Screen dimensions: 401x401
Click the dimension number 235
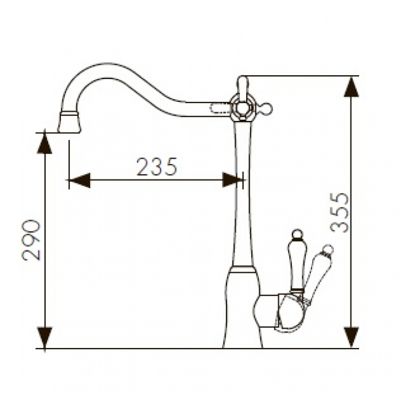tap(157, 167)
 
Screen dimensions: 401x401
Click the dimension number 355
tap(339, 213)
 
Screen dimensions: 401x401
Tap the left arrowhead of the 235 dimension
tap(80, 180)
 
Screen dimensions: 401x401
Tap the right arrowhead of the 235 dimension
tap(233, 180)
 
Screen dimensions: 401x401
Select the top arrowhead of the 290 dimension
tap(44, 143)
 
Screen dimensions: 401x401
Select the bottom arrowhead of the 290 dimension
tap(44, 337)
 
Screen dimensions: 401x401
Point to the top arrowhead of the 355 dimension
tap(352, 87)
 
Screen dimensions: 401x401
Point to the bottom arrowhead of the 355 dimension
tap(352, 337)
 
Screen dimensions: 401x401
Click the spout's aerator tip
tap(69, 123)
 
